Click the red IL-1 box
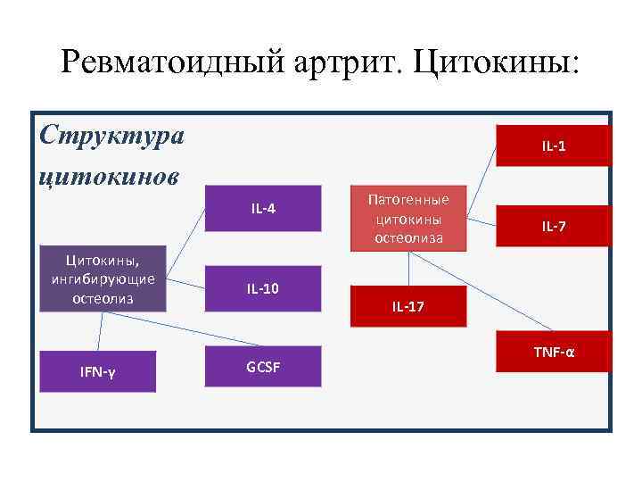[x=554, y=145]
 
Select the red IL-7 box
[x=554, y=227]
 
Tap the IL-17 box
[x=408, y=306]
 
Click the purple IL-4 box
[x=263, y=209]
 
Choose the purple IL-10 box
[x=263, y=287]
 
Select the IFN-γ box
[x=99, y=371]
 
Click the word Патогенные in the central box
[x=409, y=199]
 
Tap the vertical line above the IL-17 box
[x=408, y=267]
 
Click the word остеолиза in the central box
[x=409, y=238]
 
